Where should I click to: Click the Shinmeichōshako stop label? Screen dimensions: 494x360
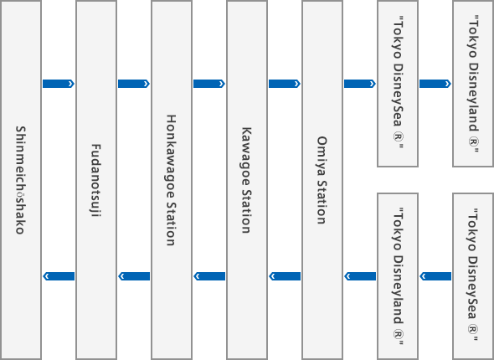coord(20,180)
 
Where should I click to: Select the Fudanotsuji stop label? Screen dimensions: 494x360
coord(95,180)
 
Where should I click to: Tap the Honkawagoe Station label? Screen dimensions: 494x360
coord(171,180)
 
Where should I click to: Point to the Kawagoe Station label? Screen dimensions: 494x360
coord(246,180)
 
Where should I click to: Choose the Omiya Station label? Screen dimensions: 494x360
coord(322,180)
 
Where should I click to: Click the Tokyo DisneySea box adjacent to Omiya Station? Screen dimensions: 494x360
coord(398,84)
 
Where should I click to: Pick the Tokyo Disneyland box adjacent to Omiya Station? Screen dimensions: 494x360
coord(398,276)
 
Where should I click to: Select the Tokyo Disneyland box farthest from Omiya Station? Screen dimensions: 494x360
coord(473,84)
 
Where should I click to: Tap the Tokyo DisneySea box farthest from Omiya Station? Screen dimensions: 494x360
coord(473,276)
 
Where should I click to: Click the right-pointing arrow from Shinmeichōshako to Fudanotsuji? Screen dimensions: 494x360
coord(59,84)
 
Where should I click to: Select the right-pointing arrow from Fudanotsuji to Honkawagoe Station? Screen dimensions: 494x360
coord(134,84)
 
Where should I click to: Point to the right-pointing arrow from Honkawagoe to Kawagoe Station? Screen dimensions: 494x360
coord(209,84)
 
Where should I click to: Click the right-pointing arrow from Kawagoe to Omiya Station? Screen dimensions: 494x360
coord(285,84)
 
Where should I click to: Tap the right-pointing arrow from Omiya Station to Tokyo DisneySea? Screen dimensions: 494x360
coord(360,84)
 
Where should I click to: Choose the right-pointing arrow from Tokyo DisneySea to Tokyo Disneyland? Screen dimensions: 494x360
coord(435,84)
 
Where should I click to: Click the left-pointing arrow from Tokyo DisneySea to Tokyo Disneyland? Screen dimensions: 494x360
coord(435,276)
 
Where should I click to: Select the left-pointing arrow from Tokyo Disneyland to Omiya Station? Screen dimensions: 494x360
coord(360,276)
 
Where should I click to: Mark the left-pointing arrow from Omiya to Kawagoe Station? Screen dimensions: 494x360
coord(285,276)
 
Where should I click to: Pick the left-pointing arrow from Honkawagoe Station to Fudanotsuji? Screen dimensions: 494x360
coord(134,276)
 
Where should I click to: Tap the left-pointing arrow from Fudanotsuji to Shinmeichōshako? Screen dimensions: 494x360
coord(59,276)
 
